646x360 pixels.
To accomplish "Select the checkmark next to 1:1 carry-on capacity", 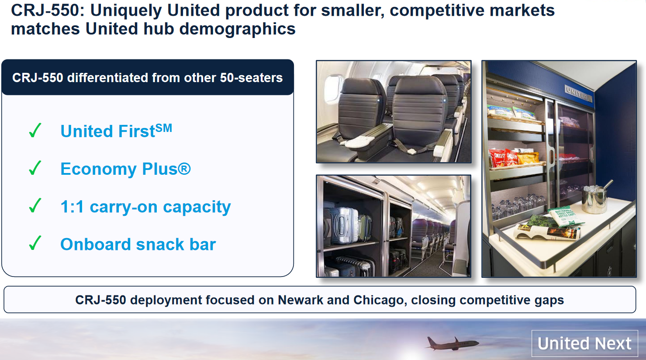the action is (35, 205).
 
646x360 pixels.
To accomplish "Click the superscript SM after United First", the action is (164, 128).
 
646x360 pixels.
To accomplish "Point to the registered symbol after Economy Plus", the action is (184, 169).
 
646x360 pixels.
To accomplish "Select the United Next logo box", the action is (584, 343).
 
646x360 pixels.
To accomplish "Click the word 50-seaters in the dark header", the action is (251, 78).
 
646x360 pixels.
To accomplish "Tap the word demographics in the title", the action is (237, 29).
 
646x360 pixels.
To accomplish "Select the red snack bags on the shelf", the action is (504, 158).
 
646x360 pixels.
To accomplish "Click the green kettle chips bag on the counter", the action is (566, 215).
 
